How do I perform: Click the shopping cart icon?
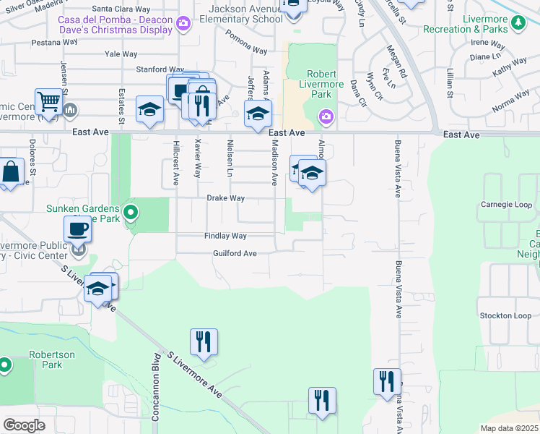tap(48, 103)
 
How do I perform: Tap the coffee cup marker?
tap(77, 229)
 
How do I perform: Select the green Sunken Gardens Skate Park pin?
tap(131, 213)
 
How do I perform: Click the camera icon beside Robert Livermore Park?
tap(326, 116)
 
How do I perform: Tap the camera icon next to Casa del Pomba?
tap(183, 23)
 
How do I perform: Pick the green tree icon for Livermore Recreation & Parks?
tap(518, 23)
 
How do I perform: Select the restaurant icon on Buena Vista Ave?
tap(387, 380)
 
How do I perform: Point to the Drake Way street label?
tap(226, 198)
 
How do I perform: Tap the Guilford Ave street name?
tap(235, 254)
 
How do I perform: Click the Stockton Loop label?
tap(505, 316)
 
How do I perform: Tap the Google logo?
tap(24, 425)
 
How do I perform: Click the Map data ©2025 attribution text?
tap(509, 428)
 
